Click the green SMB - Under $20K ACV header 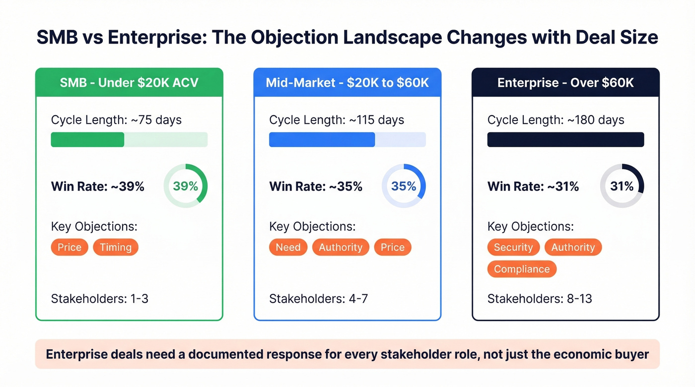[129, 82]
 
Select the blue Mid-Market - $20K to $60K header [347, 82]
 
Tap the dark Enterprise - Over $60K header [565, 82]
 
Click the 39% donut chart [185, 186]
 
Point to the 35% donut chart [404, 186]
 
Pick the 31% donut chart [622, 186]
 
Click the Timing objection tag [116, 247]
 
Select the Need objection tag [288, 247]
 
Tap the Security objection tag [513, 247]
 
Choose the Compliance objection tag [522, 269]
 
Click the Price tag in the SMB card [69, 247]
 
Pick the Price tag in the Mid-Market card [392, 247]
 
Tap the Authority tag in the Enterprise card [573, 247]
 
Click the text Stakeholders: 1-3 [100, 299]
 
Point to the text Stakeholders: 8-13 [540, 299]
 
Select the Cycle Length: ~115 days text [337, 120]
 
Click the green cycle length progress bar [88, 140]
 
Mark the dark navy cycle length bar [565, 140]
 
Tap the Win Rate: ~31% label [533, 186]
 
